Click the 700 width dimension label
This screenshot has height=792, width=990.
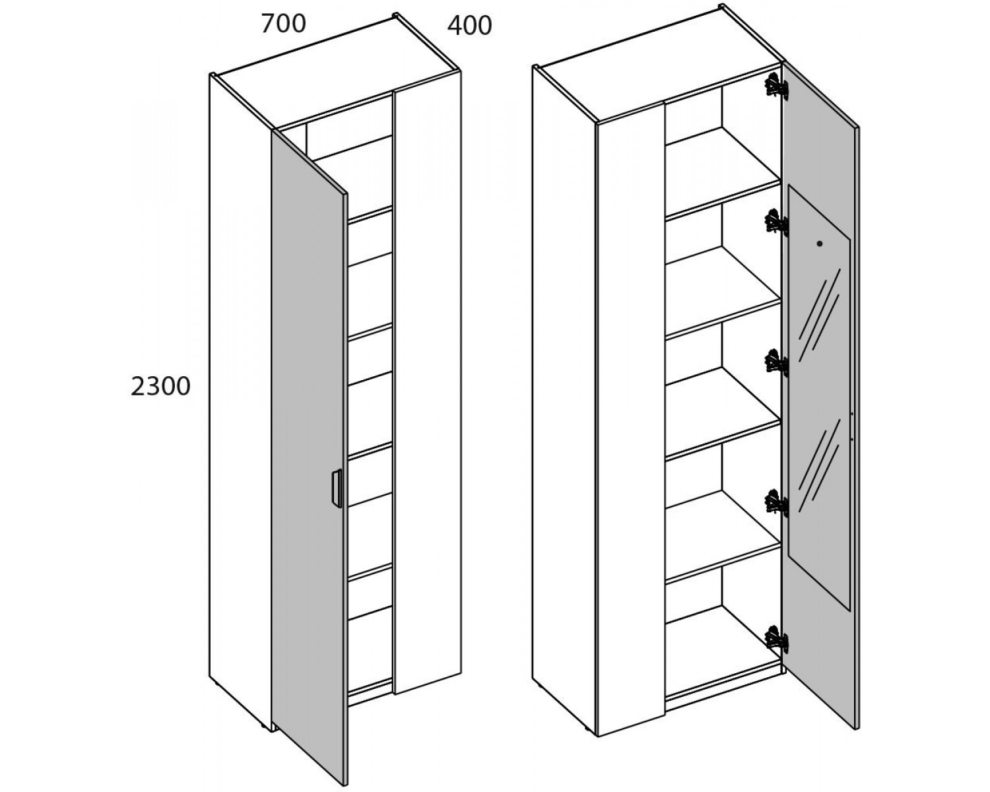283,24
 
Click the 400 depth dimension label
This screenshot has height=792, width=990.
469,26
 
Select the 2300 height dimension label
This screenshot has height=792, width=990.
160,387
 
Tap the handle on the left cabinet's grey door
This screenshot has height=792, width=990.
337,488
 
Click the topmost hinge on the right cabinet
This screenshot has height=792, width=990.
776,87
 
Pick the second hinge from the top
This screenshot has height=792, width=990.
776,222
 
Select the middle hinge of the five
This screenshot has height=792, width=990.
776,362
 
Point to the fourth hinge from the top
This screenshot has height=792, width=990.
776,502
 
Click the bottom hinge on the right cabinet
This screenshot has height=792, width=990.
776,640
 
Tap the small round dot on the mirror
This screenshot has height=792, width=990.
819,244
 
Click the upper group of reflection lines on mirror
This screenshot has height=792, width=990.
819,315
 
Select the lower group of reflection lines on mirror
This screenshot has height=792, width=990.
819,465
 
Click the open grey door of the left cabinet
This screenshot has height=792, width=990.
309,455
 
